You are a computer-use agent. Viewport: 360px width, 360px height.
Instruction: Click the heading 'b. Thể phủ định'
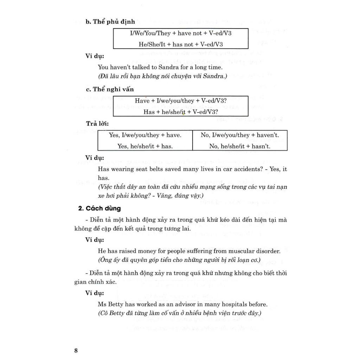pos(110,21)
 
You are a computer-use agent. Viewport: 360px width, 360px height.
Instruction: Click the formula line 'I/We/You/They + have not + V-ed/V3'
pos(181,33)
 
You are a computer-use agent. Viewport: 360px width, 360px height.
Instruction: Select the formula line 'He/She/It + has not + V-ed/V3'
pos(181,44)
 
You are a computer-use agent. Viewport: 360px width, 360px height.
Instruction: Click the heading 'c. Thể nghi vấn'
pos(110,89)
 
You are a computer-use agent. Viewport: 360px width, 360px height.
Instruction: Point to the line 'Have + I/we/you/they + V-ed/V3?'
pos(181,101)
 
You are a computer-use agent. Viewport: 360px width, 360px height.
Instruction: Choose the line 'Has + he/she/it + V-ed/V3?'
pos(181,112)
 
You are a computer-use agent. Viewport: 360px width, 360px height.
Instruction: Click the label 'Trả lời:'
pos(97,124)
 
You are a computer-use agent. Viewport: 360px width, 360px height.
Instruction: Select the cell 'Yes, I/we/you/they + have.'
pos(145,135)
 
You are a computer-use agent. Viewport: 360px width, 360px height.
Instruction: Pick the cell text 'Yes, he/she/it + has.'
pos(145,146)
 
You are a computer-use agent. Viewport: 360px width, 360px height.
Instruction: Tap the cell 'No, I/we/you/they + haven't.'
pos(240,135)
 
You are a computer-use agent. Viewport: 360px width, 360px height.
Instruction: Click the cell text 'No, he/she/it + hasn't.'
pos(240,146)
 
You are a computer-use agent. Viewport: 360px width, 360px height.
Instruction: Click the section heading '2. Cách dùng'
pos(99,208)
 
